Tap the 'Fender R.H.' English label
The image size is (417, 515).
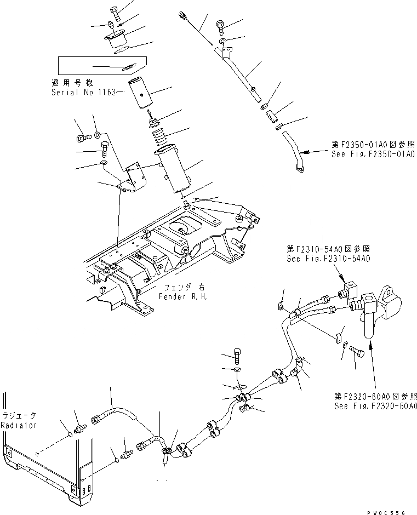174,296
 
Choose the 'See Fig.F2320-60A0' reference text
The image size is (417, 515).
376,406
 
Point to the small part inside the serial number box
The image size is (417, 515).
129,67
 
